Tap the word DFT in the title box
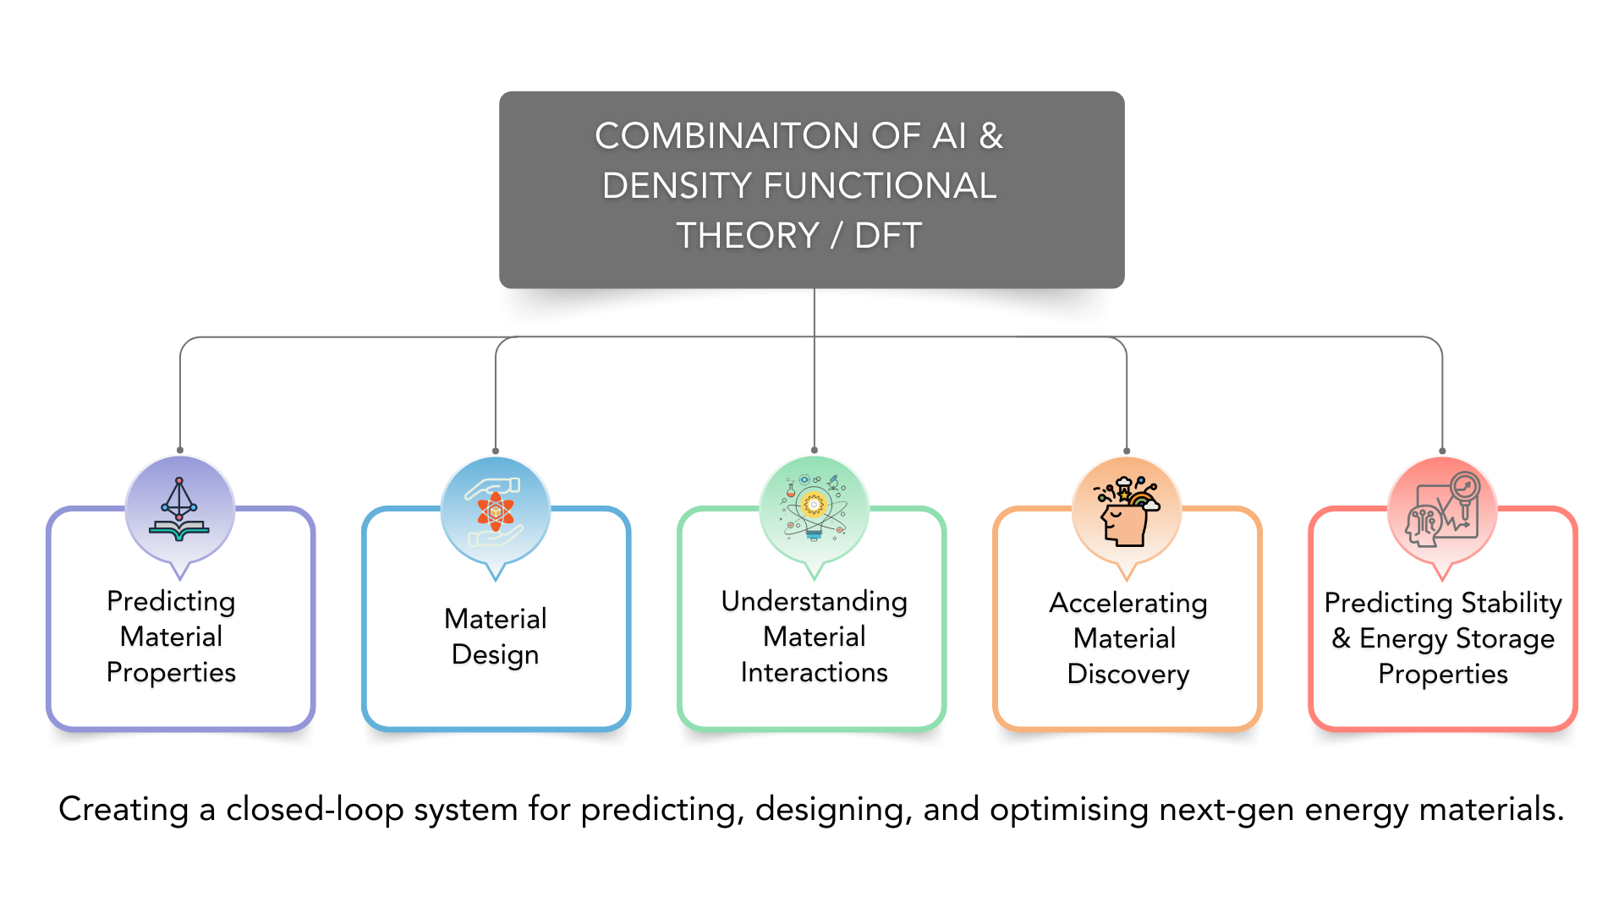887,236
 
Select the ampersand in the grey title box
990,136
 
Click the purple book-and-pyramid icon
179,510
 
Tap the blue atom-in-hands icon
496,511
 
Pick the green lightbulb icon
814,509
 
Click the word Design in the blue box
495,655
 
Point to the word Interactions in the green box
814,673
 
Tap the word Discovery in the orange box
1127,675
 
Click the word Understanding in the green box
814,602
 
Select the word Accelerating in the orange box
1127,604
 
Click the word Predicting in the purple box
171,602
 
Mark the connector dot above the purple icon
180,451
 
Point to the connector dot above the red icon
1442,451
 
